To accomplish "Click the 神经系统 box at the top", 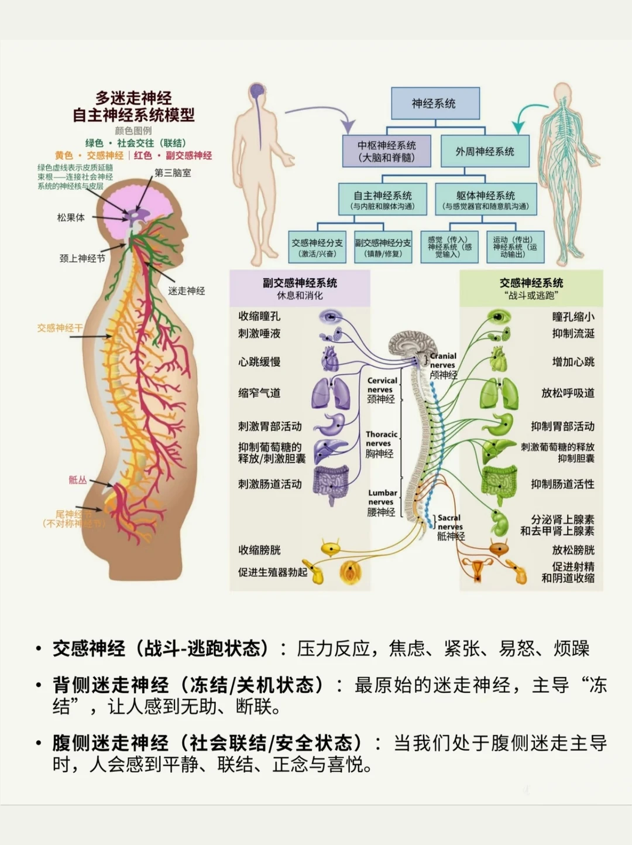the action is pyautogui.click(x=434, y=103).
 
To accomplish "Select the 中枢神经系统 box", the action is pyautogui.click(x=387, y=151).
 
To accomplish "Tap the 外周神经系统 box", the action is pyautogui.click(x=485, y=151).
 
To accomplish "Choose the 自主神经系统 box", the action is pyautogui.click(x=382, y=199).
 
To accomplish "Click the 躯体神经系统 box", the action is pyautogui.click(x=485, y=199).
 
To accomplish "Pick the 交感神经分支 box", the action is pyautogui.click(x=317, y=247).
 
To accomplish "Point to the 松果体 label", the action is pyautogui.click(x=71, y=217).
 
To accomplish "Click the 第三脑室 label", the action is pyautogui.click(x=173, y=173).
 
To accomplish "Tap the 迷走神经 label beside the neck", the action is pyautogui.click(x=186, y=290).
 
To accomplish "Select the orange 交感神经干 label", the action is pyautogui.click(x=60, y=328).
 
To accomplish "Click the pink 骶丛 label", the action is pyautogui.click(x=78, y=480).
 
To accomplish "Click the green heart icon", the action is pyautogui.click(x=497, y=359).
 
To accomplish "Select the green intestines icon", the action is pyautogui.click(x=499, y=483).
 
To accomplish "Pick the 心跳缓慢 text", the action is pyautogui.click(x=259, y=361).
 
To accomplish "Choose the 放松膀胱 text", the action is pyautogui.click(x=573, y=550).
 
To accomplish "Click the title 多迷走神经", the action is pyautogui.click(x=133, y=98).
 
